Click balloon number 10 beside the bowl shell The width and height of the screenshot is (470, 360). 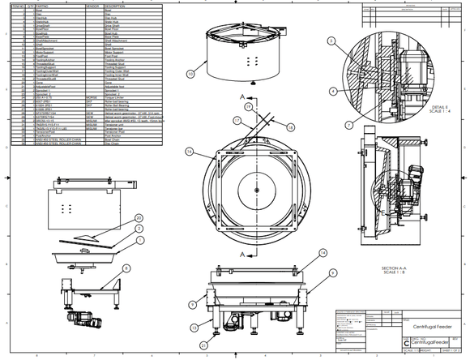point(190,74)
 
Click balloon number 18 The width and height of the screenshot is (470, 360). point(291,126)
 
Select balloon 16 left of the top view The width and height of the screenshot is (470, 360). point(188,151)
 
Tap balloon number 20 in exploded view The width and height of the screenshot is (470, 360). point(138,218)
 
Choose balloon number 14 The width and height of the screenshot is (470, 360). point(322,253)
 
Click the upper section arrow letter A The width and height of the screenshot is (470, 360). point(241,96)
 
